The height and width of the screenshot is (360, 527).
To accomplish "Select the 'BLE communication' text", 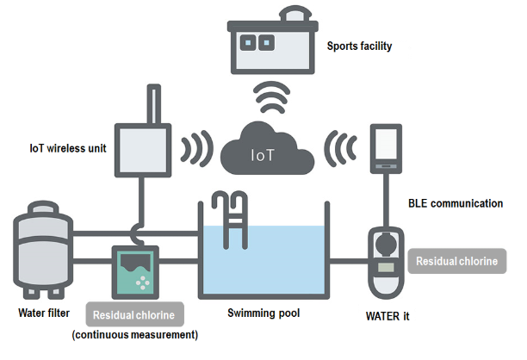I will pos(454,204).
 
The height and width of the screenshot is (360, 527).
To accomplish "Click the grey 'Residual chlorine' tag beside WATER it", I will pos(456,261).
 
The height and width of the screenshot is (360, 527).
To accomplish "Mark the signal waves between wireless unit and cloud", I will pos(198,149).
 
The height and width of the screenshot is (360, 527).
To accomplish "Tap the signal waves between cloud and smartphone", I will pos(337,149).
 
